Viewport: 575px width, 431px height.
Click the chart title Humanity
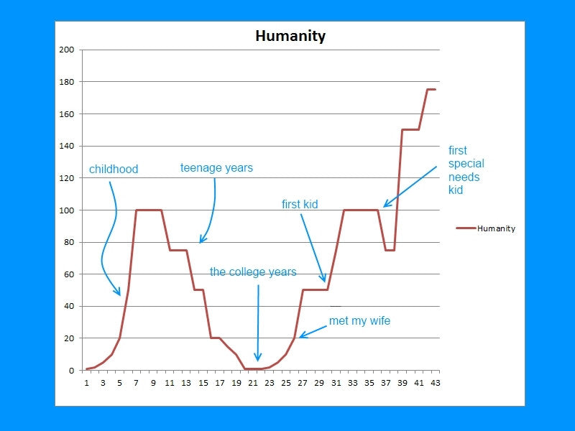coord(290,36)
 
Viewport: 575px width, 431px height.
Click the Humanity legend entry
coord(486,228)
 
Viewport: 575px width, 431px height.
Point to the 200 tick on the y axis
coord(67,50)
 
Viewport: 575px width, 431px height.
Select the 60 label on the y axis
coord(69,274)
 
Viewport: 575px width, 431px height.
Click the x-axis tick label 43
coord(435,383)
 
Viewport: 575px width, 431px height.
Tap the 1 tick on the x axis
coord(86,383)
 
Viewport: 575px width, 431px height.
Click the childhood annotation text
coord(114,170)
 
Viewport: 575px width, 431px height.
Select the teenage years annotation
coord(216,168)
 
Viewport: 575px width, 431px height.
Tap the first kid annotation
coord(300,205)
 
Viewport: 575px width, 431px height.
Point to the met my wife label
coord(359,321)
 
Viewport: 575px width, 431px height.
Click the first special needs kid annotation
coord(466,170)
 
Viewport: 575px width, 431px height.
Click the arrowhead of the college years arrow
coord(257,358)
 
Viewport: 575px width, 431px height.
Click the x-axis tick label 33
coord(351,383)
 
